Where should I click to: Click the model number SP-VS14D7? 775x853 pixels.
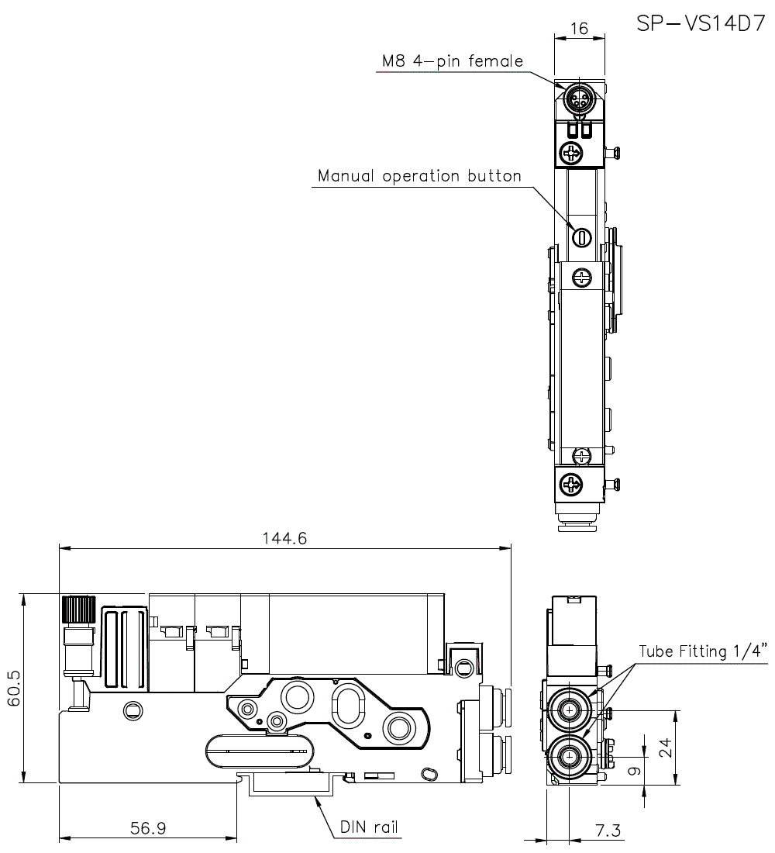(x=701, y=22)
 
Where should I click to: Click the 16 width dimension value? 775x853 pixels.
(x=578, y=29)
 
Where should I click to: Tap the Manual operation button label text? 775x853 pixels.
(x=419, y=176)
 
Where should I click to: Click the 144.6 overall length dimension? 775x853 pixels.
(x=285, y=538)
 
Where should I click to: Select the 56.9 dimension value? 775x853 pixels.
(x=147, y=828)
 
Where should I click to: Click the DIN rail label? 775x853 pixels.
(x=369, y=827)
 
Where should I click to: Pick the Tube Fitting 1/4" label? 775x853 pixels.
(x=702, y=651)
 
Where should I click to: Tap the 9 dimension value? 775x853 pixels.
(x=635, y=771)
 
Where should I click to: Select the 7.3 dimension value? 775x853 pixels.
(x=608, y=831)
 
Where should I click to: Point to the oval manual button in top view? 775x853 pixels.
(x=580, y=237)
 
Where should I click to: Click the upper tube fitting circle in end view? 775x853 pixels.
(x=571, y=710)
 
